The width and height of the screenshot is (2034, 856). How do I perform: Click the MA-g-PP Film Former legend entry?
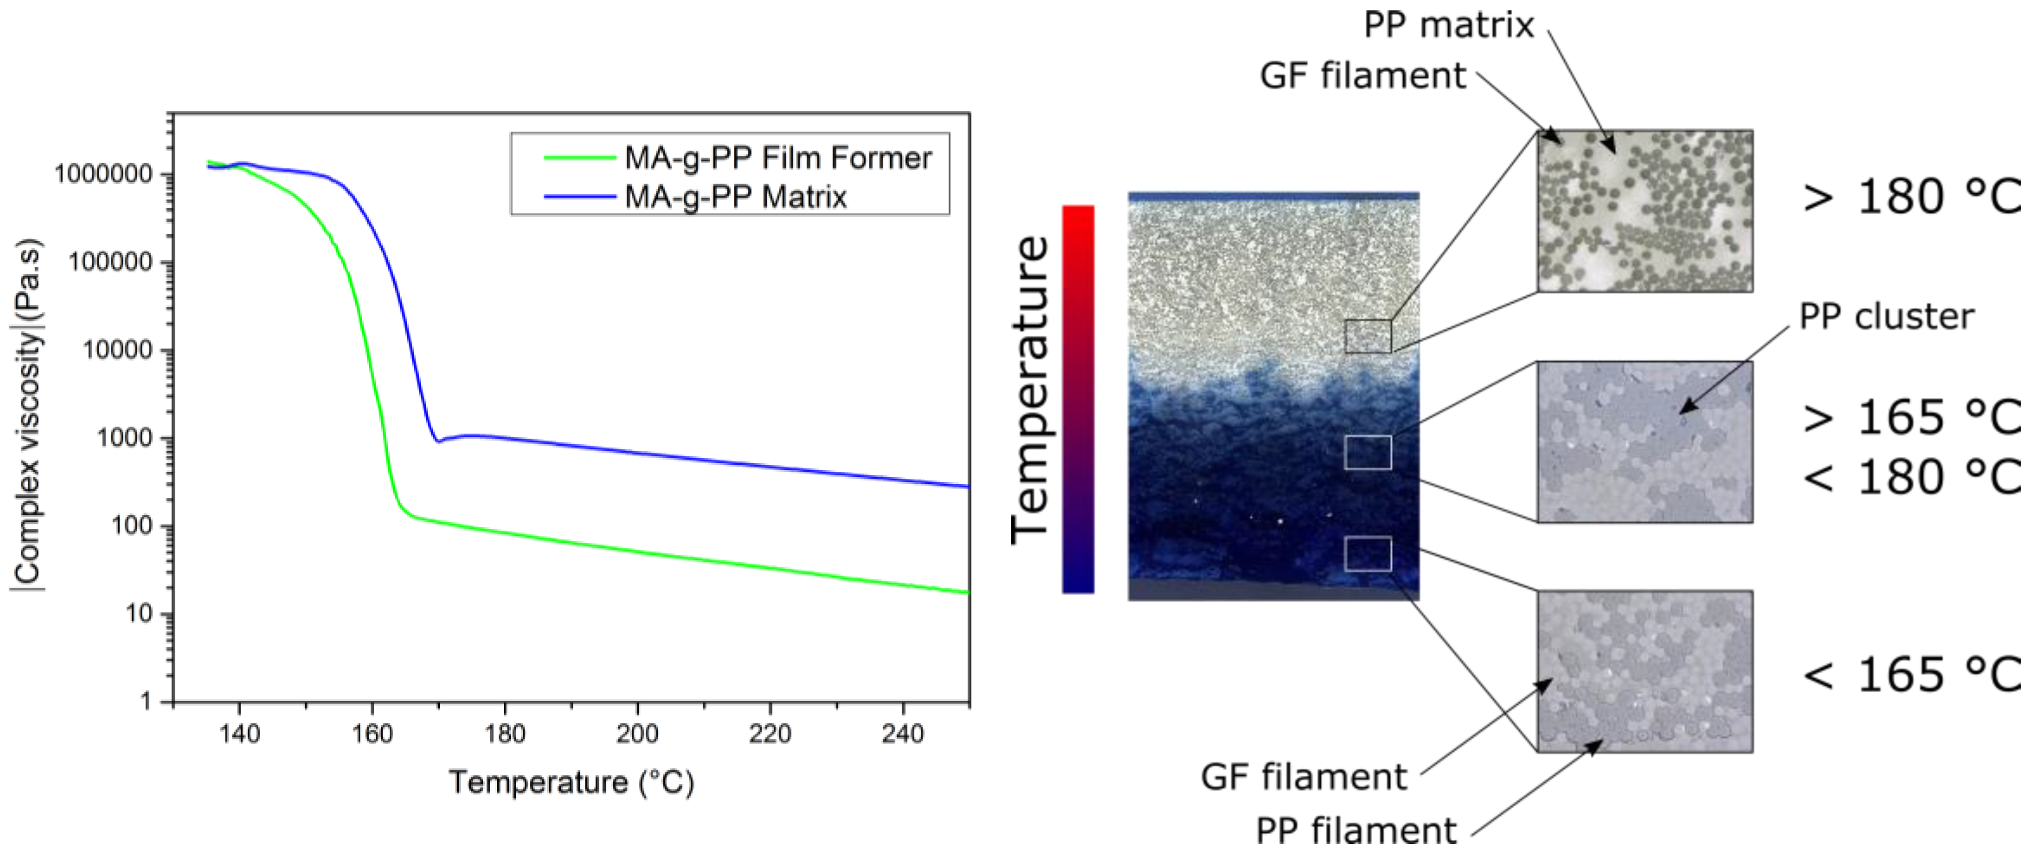click(x=777, y=158)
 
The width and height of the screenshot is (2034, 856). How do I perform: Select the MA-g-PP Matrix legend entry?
click(x=735, y=197)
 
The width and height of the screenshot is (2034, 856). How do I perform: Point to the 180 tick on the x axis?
click(x=504, y=734)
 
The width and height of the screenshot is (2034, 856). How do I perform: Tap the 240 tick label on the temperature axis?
click(x=902, y=734)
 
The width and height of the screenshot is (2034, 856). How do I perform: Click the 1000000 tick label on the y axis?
click(x=103, y=175)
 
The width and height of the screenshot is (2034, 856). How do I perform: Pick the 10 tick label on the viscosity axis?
click(x=139, y=614)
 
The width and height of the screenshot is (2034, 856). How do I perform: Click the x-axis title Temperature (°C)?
click(x=571, y=783)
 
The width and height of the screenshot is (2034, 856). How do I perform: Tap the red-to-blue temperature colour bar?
click(x=1078, y=399)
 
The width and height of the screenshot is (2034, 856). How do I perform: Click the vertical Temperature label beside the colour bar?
click(x=1030, y=389)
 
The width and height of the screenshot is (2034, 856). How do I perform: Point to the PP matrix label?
click(x=1448, y=25)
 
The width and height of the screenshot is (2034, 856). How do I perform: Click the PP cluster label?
click(x=1886, y=317)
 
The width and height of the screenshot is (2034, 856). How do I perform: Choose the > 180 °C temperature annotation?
click(x=1911, y=197)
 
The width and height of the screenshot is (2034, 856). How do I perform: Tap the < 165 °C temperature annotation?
click(x=1911, y=675)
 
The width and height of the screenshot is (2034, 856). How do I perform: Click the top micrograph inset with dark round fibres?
click(x=1645, y=211)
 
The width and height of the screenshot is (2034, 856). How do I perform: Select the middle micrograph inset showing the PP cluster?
click(x=1645, y=441)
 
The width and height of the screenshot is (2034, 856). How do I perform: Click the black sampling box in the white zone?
click(x=1368, y=336)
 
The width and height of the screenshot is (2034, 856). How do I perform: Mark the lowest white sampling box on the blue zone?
click(x=1368, y=554)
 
